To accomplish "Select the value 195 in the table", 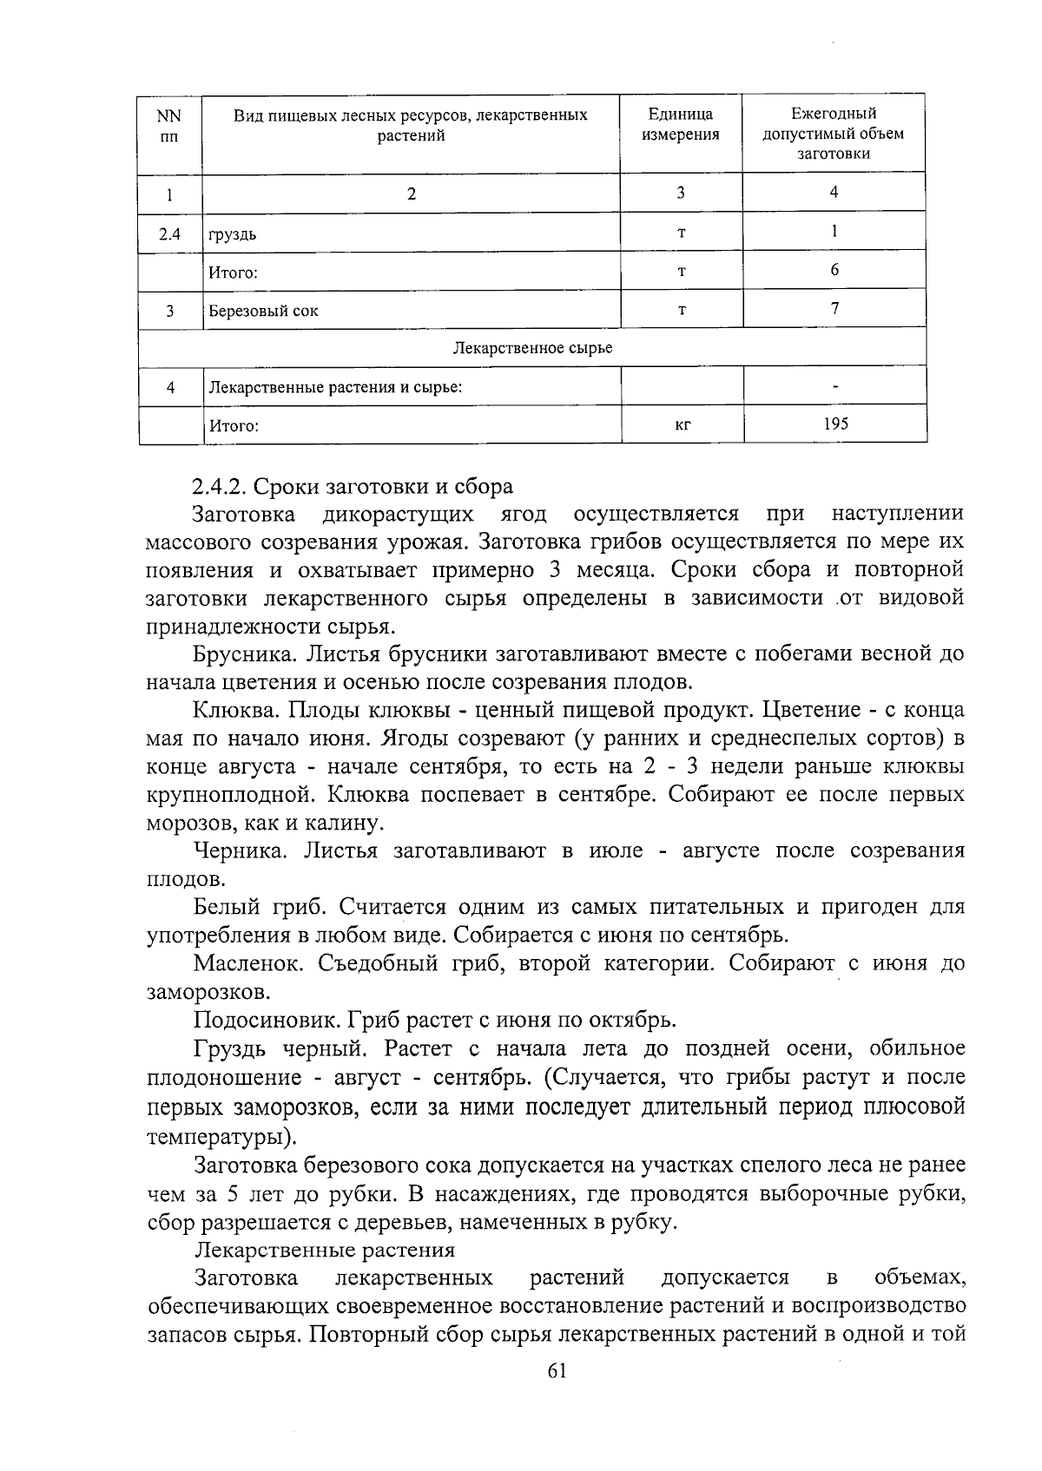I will [x=834, y=424].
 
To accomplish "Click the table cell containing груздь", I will [x=232, y=234].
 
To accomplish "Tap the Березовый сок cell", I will [x=262, y=311].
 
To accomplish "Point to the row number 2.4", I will [x=170, y=233].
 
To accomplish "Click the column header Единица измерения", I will [x=681, y=124].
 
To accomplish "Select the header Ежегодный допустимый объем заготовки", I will [x=834, y=134].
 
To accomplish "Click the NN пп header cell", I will [x=170, y=124].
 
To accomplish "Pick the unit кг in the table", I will [x=682, y=425].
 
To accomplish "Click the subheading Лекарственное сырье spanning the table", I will [x=532, y=348].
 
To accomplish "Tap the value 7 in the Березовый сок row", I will [x=834, y=308].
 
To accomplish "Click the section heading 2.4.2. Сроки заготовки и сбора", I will [x=353, y=486].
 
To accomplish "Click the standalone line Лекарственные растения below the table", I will [x=325, y=1251].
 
